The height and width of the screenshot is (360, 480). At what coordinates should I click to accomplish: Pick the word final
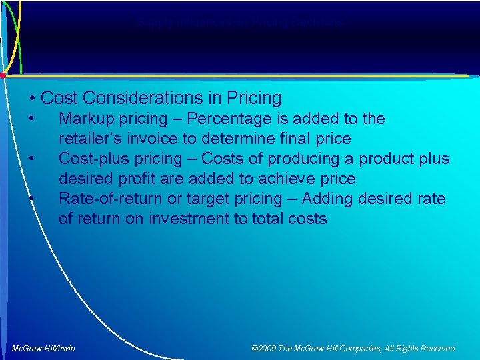click(x=292, y=139)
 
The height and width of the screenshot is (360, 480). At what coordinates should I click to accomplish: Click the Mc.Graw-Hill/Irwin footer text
click(x=44, y=348)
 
